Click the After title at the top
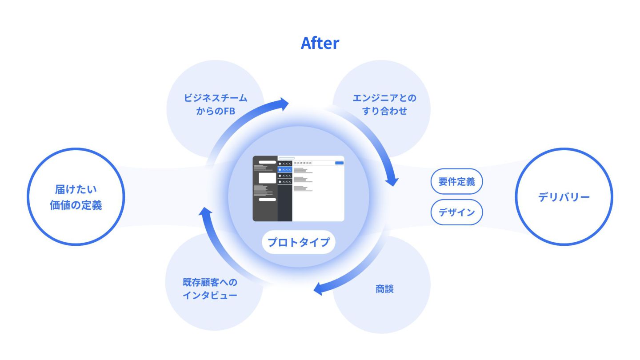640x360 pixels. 320,43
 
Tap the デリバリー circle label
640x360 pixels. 564,197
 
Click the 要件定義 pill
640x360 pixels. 456,181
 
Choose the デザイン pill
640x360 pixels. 456,212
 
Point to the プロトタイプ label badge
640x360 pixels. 298,242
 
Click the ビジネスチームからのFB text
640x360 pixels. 216,104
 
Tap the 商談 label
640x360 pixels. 384,289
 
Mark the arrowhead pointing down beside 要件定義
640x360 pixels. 392,180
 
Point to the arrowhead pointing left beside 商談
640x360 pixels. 318,289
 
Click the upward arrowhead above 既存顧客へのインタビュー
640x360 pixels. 204,214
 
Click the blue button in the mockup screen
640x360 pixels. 339,163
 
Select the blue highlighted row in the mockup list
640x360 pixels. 284,169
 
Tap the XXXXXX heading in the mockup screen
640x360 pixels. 303,163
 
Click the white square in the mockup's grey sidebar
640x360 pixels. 267,178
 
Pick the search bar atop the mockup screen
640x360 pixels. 286,158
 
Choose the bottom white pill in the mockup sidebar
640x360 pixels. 267,200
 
